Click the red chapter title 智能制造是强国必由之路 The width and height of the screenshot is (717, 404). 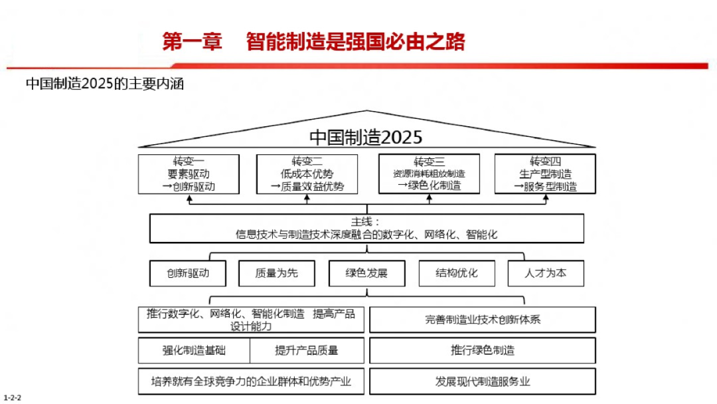[x=355, y=42]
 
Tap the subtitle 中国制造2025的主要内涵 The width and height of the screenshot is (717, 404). [x=104, y=84]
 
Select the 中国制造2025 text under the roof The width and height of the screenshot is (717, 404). [x=366, y=138]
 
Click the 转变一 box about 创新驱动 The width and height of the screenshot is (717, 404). [x=189, y=174]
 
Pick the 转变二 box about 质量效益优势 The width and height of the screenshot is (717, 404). [x=307, y=174]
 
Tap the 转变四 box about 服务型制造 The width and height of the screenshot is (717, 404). [x=545, y=174]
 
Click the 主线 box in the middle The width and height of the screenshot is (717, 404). [x=366, y=229]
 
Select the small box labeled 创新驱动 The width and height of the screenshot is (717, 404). [x=189, y=273]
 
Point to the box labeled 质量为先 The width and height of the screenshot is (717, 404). [x=277, y=273]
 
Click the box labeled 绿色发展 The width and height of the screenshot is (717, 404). [x=366, y=273]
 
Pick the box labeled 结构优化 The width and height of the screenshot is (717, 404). [x=456, y=273]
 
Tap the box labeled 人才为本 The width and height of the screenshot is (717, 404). [x=546, y=273]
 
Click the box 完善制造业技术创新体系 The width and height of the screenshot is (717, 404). [x=483, y=320]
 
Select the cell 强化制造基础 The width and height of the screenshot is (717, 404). [x=194, y=351]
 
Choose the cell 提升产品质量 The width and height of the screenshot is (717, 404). [x=307, y=351]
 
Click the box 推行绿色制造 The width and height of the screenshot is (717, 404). [x=483, y=351]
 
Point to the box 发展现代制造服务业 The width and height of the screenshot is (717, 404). [x=483, y=381]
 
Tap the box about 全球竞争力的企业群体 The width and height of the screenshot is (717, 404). [x=251, y=381]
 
